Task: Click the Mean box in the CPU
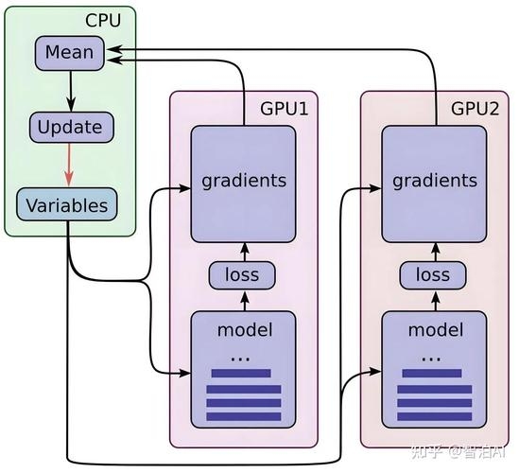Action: point(70,51)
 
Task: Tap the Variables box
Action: point(66,204)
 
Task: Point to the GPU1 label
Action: point(284,108)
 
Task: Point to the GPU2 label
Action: point(475,108)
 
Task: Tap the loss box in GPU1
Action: point(244,275)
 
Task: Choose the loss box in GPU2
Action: point(434,275)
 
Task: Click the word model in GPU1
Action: point(244,330)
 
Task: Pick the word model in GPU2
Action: point(434,330)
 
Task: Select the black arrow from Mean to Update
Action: point(69,90)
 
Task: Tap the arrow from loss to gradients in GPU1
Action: point(244,252)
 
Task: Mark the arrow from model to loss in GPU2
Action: point(434,300)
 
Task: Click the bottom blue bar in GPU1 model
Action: point(244,417)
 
